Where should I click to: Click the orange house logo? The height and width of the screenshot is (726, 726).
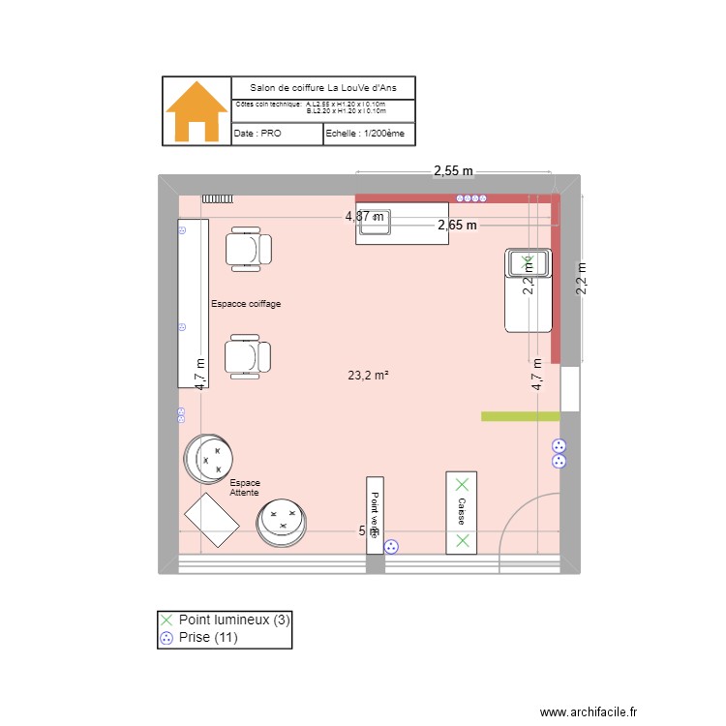197,111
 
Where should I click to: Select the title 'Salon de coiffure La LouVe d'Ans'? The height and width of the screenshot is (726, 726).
323,87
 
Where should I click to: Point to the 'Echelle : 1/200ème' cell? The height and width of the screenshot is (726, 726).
368,134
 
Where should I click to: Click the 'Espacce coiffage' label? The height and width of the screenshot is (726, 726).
246,304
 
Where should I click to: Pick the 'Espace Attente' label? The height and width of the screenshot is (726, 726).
244,488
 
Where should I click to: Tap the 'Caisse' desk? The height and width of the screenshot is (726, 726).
462,513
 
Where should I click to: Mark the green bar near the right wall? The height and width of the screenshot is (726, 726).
521,416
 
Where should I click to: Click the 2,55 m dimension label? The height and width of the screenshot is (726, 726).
453,171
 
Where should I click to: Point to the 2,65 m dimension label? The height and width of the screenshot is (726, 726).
457,226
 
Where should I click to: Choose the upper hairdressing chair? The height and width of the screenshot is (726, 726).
249,249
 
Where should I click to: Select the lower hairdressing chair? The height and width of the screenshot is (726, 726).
249,355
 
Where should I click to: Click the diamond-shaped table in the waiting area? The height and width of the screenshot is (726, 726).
211,521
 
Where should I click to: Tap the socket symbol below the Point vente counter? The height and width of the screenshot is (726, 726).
391,546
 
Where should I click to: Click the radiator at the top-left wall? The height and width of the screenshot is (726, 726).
218,198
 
